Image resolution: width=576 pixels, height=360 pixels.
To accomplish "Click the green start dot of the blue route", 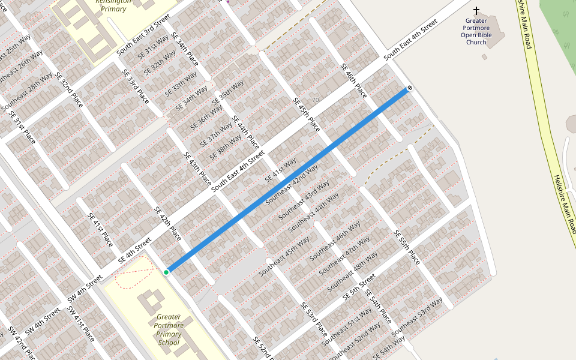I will tap(166, 272).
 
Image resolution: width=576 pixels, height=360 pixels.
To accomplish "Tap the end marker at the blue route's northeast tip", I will tap(409, 89).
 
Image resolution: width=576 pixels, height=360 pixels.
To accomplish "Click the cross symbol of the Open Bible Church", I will tap(476, 11).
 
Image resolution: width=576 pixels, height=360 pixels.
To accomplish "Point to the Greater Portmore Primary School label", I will tap(169, 330).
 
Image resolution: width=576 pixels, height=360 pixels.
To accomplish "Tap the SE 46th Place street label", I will tap(353, 82).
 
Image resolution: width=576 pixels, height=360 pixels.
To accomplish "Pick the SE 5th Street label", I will tap(359, 287).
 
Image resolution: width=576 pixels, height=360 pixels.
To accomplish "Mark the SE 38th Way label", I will tap(226, 147).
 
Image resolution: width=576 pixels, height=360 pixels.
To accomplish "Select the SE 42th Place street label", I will tap(167, 224).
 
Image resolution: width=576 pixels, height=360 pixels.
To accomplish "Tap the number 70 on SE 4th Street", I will tap(316, 100).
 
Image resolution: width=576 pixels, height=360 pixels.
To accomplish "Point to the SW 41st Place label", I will tap(81, 324).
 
